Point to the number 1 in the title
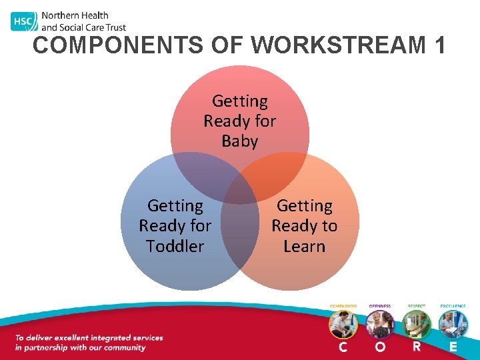pos(439,45)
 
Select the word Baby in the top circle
pos(239,141)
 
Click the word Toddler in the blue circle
pos(175,246)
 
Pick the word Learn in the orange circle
pos(304,246)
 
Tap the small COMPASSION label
pos(343,306)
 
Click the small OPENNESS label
pos(380,306)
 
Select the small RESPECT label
pos(417,306)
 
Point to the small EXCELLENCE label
pos(453,306)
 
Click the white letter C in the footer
pos(343,347)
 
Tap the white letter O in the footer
pos(380,347)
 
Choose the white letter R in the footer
pos(417,347)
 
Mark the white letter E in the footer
pos(453,347)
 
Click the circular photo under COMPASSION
pos(343,325)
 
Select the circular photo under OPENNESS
pos(380,325)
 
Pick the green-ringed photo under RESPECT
pos(417,325)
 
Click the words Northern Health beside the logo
pos(75,15)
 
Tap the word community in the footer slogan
pos(124,347)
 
